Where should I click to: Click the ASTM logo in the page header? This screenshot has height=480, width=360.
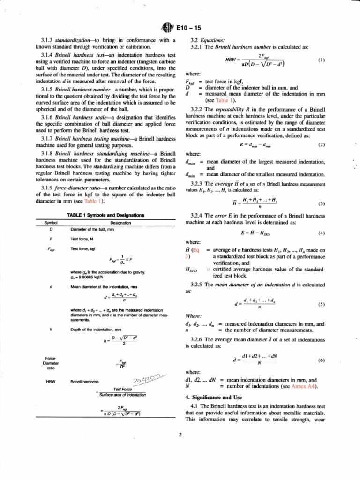click(166, 27)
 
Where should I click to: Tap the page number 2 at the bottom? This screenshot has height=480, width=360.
click(180, 434)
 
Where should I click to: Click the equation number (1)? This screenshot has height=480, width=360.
click(322, 60)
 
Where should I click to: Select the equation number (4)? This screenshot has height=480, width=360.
click(322, 233)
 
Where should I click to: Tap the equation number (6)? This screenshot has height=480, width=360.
click(322, 361)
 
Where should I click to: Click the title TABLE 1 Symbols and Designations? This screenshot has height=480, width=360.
click(105, 215)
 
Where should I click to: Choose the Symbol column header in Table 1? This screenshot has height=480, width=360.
click(51, 223)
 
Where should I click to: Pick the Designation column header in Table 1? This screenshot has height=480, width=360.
click(120, 223)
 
